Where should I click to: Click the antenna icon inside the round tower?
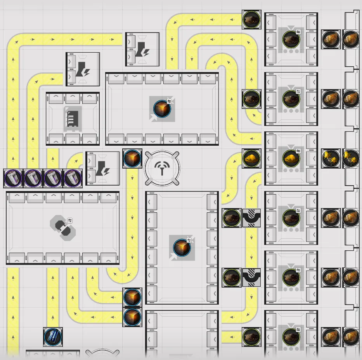click(162, 168)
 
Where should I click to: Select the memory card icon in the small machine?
click(73, 118)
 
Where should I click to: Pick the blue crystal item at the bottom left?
click(53, 337)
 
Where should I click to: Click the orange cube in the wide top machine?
click(162, 109)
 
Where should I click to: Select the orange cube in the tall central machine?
click(182, 248)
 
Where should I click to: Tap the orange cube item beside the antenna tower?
click(132, 158)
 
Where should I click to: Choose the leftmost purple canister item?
click(13, 178)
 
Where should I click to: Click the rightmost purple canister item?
click(73, 178)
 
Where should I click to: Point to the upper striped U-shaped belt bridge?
click(251, 218)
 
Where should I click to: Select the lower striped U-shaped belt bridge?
click(251, 277)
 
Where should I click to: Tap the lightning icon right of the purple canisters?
click(103, 168)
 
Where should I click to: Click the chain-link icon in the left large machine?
click(63, 228)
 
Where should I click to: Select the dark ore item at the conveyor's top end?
click(251, 19)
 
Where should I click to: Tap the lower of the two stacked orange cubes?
click(132, 317)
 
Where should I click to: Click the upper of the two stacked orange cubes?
click(132, 297)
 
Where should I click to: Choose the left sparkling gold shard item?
click(331, 158)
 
